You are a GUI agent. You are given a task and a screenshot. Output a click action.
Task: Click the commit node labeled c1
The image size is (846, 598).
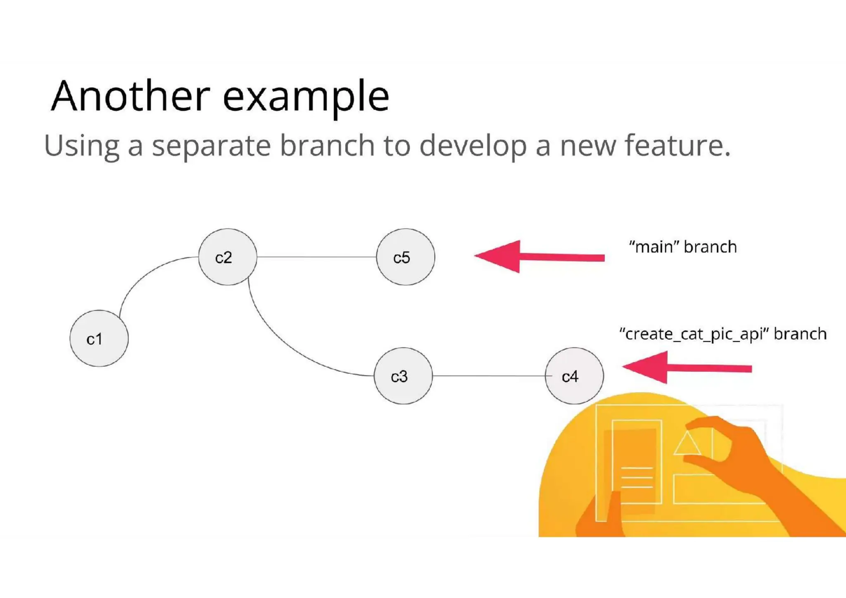coord(99,338)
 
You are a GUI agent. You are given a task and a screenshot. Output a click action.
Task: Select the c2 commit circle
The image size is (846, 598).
coord(228,257)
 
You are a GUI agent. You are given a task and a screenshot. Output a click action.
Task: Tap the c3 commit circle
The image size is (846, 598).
coord(403,376)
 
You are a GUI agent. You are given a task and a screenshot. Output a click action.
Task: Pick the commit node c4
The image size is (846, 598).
coord(574,376)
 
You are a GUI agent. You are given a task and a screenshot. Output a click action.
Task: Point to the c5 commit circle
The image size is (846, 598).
coord(405,257)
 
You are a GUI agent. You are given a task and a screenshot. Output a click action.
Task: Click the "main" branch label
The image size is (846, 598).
coord(682,247)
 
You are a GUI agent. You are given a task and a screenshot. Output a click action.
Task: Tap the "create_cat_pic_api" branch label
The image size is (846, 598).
coord(722,334)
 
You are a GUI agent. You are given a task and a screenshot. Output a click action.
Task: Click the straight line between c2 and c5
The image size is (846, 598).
coord(316,257)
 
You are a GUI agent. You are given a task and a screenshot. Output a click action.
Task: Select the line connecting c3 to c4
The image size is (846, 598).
coord(488,376)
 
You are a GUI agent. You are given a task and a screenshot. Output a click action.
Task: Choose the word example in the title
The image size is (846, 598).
coord(306,97)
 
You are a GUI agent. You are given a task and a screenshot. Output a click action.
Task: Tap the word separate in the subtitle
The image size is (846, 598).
coord(211,146)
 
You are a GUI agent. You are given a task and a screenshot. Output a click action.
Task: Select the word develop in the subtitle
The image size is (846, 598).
coord(473,146)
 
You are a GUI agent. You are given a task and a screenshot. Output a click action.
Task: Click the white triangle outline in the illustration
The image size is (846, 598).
coord(687,444)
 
